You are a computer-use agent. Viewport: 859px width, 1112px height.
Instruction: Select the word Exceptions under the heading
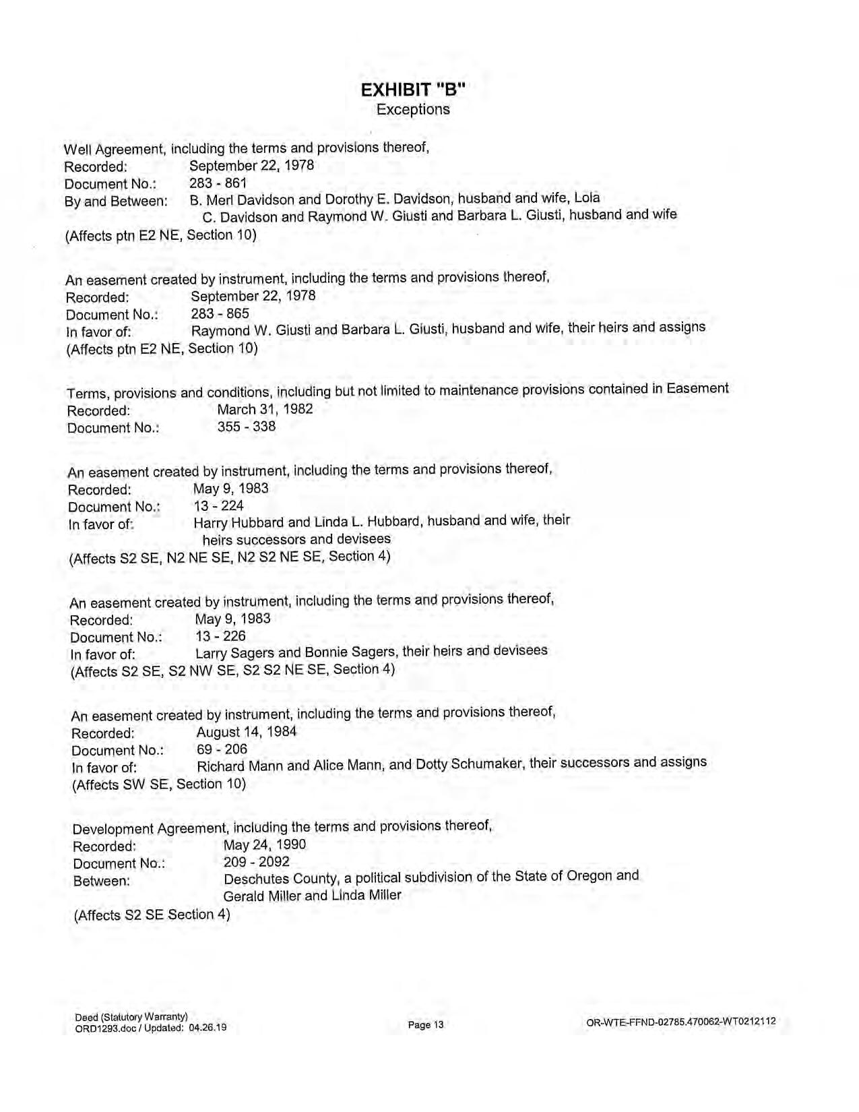[413, 109]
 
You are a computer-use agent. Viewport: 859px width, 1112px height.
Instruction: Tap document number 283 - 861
[218, 183]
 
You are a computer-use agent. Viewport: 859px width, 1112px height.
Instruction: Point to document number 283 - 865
[220, 313]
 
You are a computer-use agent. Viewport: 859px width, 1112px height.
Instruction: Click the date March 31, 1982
[265, 409]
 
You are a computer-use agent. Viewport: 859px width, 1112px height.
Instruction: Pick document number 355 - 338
[246, 427]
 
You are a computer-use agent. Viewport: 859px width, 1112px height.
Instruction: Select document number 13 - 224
[219, 505]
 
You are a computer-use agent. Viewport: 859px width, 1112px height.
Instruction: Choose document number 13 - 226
[221, 636]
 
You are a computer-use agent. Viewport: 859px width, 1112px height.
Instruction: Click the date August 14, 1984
[247, 732]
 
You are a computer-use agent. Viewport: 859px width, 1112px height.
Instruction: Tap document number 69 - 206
[222, 749]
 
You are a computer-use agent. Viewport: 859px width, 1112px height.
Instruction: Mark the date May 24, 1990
[265, 844]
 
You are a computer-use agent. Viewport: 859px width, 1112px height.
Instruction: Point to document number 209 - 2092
[257, 862]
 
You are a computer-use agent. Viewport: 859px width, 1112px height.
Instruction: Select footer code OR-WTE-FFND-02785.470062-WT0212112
[681, 1022]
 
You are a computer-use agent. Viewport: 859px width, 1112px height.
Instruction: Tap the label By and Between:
[116, 201]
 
